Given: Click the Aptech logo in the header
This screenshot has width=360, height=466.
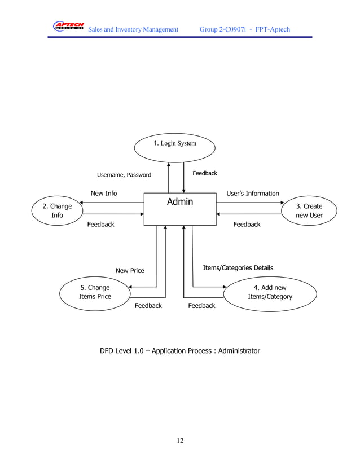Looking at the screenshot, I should [68, 27].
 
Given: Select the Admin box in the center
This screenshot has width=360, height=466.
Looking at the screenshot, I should [180, 209].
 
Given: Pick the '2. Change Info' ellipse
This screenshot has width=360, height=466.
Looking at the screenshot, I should [58, 210].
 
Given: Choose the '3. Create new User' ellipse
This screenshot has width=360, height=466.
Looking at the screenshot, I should [309, 210].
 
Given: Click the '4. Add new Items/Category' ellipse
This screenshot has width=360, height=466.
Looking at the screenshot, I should [270, 292].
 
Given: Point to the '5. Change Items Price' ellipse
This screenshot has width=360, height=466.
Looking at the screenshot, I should [95, 292].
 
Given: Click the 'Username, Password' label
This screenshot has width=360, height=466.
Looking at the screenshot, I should [124, 175].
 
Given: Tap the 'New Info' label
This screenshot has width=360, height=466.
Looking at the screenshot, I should [104, 194].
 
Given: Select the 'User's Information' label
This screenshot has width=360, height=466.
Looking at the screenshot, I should [252, 194].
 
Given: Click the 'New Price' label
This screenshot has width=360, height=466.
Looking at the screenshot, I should [130, 271].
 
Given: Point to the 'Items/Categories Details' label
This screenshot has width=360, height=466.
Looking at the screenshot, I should [238, 268].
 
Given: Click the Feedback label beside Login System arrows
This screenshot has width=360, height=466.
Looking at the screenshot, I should [205, 173].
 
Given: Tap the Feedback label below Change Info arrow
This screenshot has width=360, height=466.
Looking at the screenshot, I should [100, 225].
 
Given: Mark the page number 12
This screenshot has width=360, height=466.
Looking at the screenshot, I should [180, 441].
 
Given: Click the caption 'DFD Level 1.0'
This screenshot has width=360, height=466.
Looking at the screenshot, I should [128, 351].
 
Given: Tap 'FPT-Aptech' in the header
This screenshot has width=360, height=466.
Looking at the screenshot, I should [273, 29].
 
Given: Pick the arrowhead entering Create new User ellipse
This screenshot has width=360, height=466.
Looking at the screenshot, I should [278, 203].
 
